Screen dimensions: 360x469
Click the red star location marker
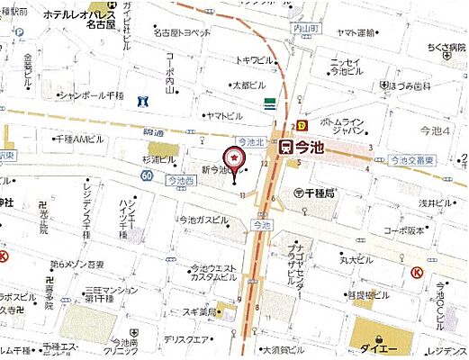click(x=235, y=159)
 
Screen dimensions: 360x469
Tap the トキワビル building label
click(x=254, y=60)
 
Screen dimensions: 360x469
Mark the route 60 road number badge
click(x=145, y=175)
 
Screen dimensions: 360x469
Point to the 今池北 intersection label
click(x=250, y=142)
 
